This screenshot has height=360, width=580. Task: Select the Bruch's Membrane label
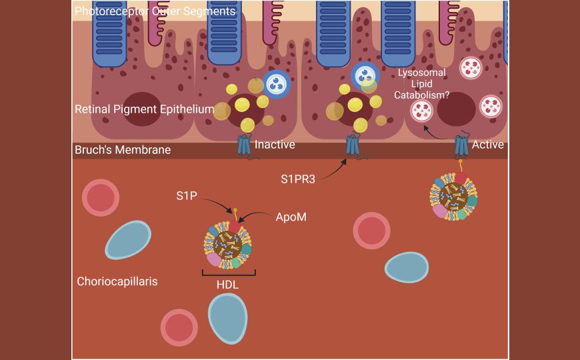coord(123,150)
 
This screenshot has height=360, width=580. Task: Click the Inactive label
coord(275,144)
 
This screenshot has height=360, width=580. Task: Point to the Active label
coord(487,144)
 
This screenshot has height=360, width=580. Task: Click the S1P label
coord(187,197)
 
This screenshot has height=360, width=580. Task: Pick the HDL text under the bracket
coord(227,284)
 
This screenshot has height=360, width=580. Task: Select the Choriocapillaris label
coord(117,281)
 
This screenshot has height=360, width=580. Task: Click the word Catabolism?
coord(423,95)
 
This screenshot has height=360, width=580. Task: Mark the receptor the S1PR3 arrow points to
coord(352,145)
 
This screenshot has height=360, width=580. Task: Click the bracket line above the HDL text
coord(229,273)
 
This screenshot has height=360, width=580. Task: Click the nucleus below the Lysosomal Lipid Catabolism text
coord(456,110)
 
